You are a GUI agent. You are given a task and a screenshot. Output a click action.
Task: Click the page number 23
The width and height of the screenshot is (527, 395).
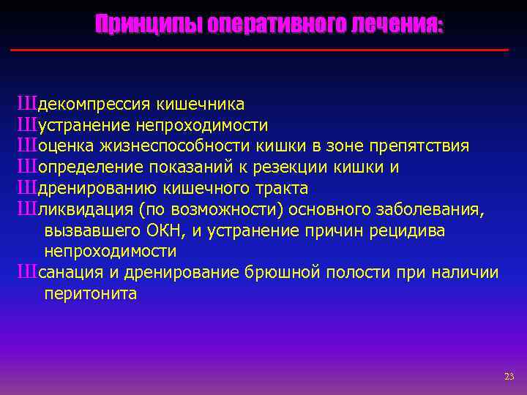pyautogui.click(x=509, y=376)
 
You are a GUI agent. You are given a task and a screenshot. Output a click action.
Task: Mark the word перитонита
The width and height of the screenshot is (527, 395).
pyautogui.click(x=91, y=294)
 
